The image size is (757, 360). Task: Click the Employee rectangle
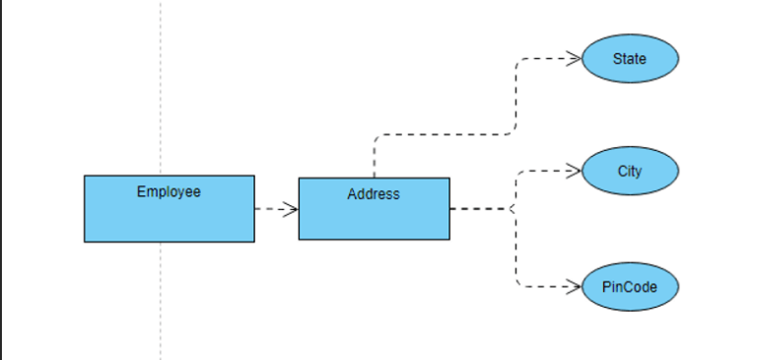click(169, 217)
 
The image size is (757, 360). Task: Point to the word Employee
click(169, 191)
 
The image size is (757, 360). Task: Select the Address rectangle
click(374, 219)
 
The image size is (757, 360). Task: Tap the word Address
click(374, 194)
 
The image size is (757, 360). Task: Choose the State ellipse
click(630, 59)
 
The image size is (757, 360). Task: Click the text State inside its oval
click(630, 59)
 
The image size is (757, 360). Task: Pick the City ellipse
click(630, 172)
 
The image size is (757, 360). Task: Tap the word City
click(630, 172)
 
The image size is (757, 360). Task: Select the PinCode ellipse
click(630, 287)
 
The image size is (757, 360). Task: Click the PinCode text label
click(630, 287)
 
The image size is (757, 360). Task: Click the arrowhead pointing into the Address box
click(291, 209)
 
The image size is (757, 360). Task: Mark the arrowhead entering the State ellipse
click(574, 59)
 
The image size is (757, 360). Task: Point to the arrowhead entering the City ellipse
click(574, 172)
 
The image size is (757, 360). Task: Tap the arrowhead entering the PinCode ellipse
click(574, 287)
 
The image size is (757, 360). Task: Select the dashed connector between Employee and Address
click(271, 209)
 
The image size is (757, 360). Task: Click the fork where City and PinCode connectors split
click(513, 209)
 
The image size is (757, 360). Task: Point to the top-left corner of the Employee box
click(85, 177)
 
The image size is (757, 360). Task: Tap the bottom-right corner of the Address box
click(449, 239)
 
